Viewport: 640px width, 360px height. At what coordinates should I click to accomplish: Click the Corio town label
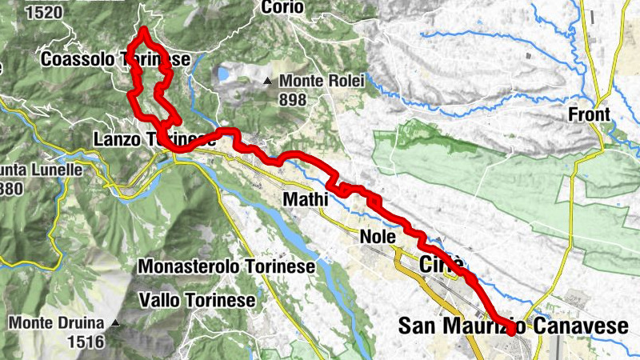282,7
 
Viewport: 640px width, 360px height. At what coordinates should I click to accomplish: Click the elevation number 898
294,99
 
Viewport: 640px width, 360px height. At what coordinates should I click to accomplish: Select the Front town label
590,114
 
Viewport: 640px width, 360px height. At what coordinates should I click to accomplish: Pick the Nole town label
378,237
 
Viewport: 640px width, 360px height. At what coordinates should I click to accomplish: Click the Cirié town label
442,265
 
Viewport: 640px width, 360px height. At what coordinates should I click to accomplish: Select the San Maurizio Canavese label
513,326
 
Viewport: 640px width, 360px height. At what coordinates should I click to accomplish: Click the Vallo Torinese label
197,300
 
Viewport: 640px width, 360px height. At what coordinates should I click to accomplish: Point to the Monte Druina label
57,324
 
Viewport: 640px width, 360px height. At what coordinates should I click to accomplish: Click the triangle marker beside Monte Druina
116,324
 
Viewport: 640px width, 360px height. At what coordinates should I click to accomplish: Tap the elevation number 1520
44,12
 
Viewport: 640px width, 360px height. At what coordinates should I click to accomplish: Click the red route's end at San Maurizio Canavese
511,329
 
